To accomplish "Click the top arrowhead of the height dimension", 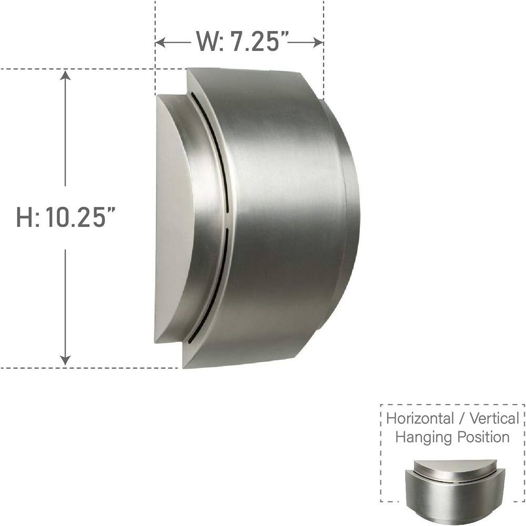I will [x=65, y=75].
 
